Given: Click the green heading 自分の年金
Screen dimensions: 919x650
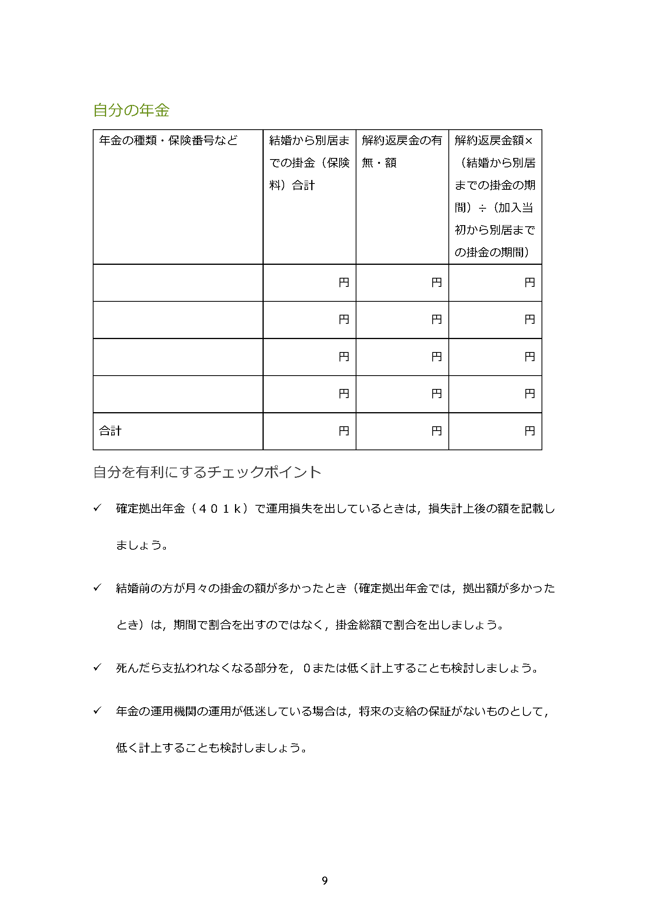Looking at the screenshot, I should tap(131, 110).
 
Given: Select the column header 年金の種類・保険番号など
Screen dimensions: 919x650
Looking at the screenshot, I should tap(168, 141).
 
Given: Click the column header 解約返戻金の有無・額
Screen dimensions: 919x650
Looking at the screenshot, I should tap(402, 151).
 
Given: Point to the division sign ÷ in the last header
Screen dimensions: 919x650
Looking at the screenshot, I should tap(482, 208).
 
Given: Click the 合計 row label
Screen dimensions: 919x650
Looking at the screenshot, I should tap(110, 431).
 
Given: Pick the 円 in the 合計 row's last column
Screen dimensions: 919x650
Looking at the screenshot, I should tap(529, 431).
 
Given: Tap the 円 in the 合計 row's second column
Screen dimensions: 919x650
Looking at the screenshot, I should tap(344, 431).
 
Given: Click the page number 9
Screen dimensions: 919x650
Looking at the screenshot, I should tap(325, 880).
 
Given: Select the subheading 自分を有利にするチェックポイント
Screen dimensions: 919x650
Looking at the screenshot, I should tap(207, 472).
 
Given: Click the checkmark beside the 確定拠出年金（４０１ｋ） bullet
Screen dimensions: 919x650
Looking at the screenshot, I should tap(97, 508).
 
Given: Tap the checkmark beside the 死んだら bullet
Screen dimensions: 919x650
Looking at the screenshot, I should tap(97, 667).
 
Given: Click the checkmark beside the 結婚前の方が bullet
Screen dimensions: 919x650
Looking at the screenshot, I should tap(97, 587).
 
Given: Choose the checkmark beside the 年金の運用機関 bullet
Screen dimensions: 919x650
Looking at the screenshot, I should tap(97, 710).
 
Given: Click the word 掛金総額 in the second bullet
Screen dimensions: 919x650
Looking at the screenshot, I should tap(359, 625).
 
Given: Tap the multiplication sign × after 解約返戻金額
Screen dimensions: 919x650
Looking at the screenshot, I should tap(529, 141).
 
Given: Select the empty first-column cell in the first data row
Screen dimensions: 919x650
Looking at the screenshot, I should tap(178, 282).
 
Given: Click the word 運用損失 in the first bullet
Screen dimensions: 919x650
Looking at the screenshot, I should tap(289, 509).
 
